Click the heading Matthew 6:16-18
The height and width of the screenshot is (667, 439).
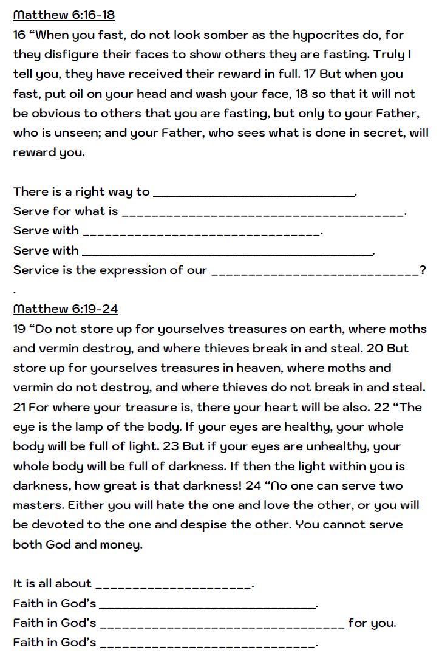coord(64,15)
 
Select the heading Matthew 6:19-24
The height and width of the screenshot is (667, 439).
coord(66,309)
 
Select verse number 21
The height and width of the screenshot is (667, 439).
coord(19,407)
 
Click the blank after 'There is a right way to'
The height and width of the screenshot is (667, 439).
coord(254,193)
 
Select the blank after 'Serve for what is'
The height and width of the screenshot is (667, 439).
coord(262,213)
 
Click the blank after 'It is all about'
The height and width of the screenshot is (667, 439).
coord(174,585)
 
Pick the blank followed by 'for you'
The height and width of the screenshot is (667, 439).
coord(222,624)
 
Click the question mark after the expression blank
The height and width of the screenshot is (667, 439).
coord(423,270)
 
